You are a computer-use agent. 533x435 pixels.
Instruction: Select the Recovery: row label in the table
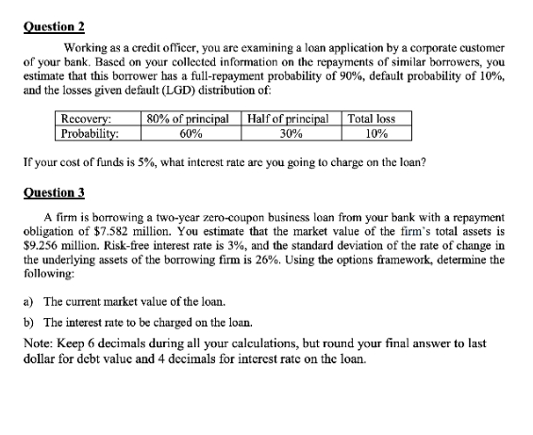click(86, 119)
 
